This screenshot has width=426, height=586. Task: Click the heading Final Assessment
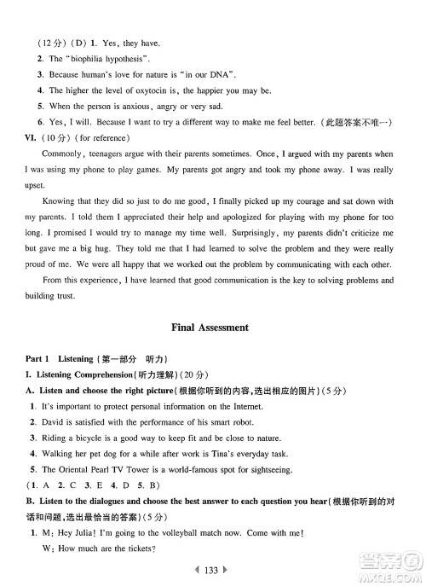(210, 327)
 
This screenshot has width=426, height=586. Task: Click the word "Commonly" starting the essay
(61, 154)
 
